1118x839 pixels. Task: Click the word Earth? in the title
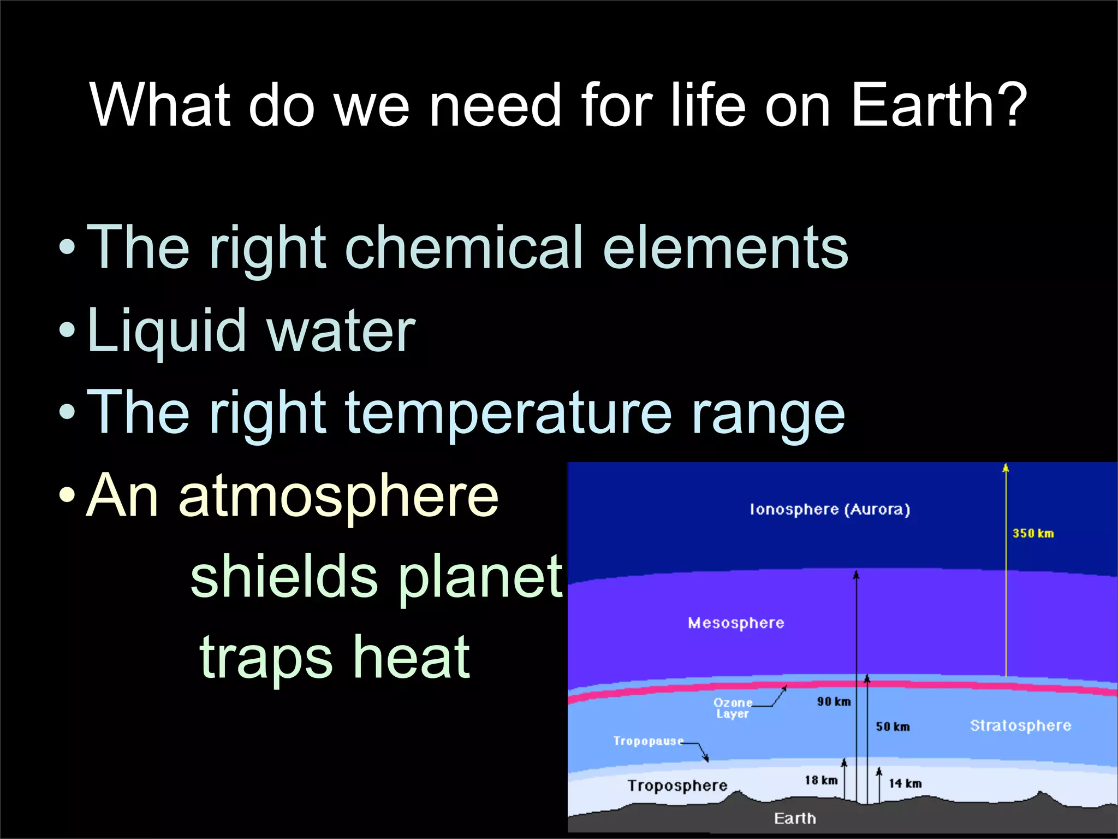939,105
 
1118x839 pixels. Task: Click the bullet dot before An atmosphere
67,496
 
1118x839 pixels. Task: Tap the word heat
411,658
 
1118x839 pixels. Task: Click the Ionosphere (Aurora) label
830,510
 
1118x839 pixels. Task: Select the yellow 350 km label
1033,534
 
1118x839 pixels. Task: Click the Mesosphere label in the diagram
736,623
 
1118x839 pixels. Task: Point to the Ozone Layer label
733,708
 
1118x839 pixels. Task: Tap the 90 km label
834,702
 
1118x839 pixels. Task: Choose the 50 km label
893,727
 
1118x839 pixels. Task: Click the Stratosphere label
1020,726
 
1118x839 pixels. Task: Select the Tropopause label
648,741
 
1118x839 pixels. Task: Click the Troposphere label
677,786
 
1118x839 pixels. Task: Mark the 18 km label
821,781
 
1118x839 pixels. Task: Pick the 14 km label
905,784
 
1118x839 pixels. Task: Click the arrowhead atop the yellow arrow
1006,468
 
